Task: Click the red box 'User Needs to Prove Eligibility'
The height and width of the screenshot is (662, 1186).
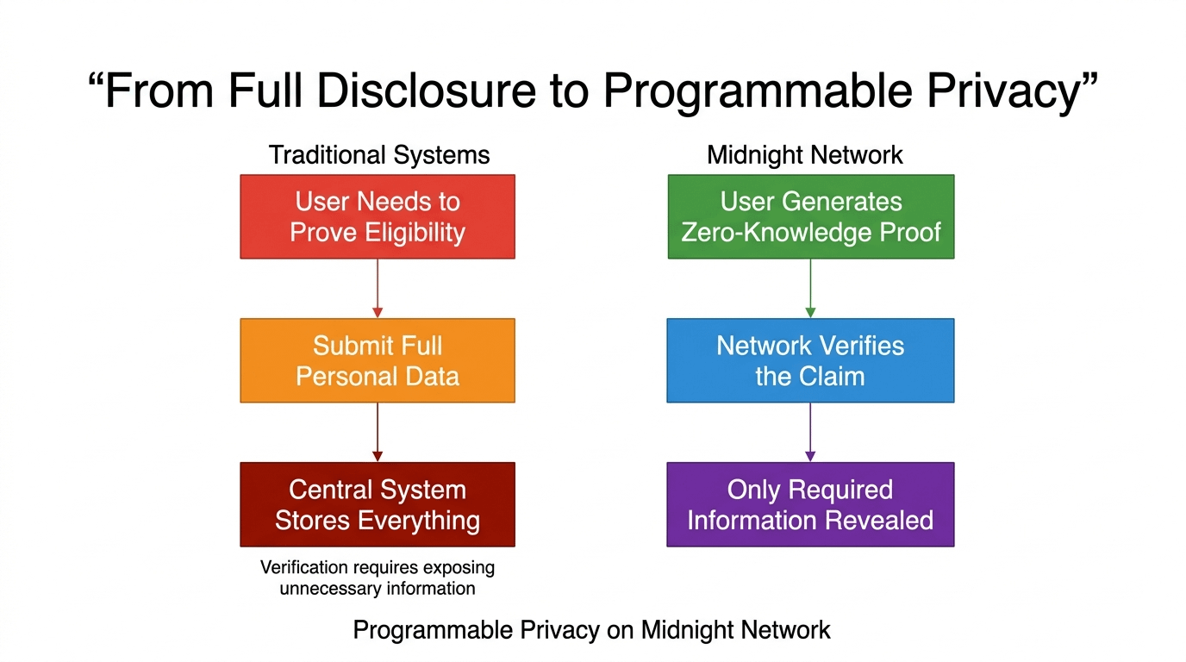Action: pos(378,216)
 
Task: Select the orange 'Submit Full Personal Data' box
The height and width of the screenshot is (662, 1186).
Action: pos(378,360)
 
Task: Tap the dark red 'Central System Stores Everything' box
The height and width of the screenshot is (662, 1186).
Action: pos(378,504)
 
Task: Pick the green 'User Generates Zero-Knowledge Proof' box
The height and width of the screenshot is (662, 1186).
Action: pos(811,216)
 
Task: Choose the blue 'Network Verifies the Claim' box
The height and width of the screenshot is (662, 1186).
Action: pos(810,360)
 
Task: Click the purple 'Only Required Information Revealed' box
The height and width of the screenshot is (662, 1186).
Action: pos(810,504)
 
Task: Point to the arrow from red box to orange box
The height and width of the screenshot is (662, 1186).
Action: pos(378,288)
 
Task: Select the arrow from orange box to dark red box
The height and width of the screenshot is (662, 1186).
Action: pos(378,432)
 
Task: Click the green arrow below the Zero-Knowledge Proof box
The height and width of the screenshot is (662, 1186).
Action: pos(810,288)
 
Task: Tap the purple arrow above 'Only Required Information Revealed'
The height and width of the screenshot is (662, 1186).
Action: pos(810,432)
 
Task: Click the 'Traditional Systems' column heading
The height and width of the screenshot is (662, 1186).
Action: pos(379,155)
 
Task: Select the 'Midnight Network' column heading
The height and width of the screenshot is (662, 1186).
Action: pos(805,155)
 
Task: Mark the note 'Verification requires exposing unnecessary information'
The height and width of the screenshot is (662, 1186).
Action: pos(378,578)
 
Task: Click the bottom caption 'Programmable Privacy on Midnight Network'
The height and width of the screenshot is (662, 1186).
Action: pos(592,630)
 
